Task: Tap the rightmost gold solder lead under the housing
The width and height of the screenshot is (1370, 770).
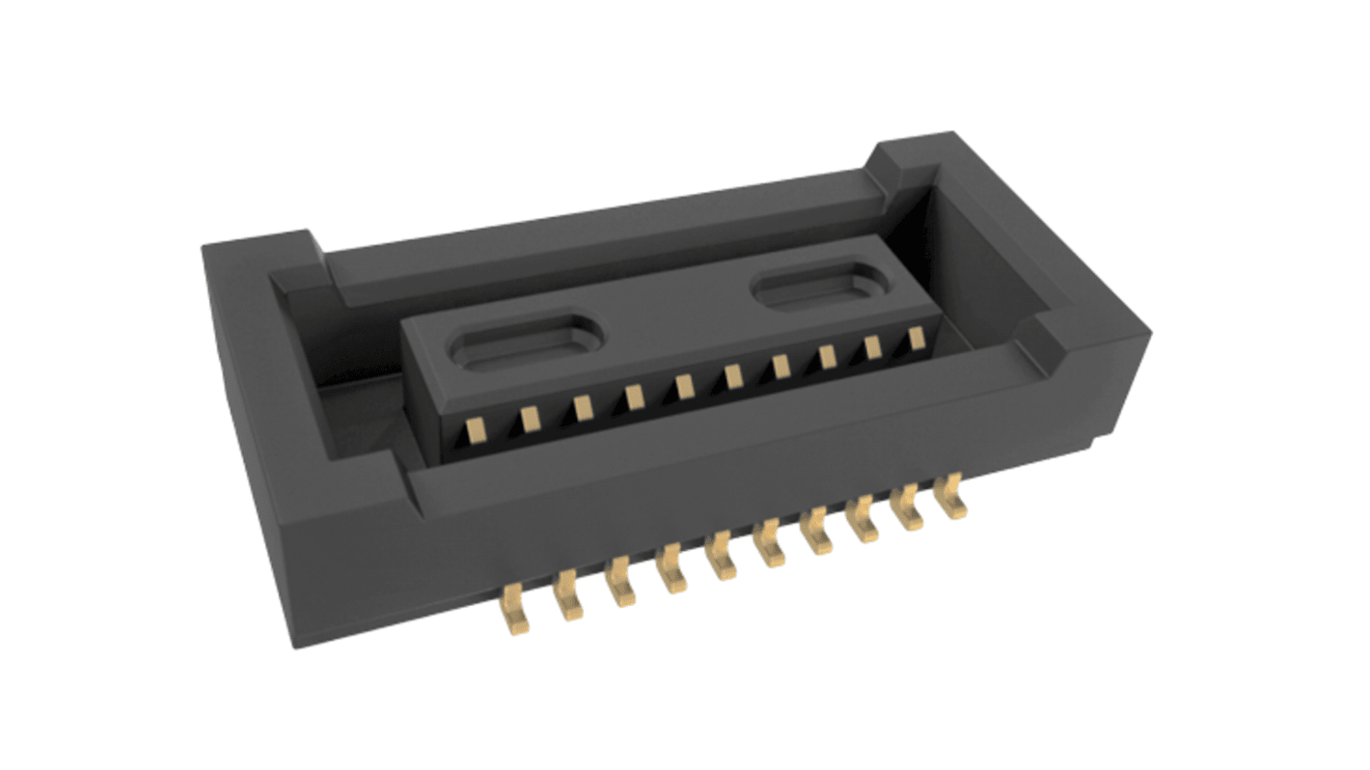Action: (x=953, y=497)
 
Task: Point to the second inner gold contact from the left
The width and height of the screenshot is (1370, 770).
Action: (x=529, y=417)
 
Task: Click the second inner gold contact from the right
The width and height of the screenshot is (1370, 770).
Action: (x=873, y=347)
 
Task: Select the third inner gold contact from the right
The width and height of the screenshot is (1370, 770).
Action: (x=827, y=357)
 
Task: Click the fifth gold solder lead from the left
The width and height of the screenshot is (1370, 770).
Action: (x=721, y=560)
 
